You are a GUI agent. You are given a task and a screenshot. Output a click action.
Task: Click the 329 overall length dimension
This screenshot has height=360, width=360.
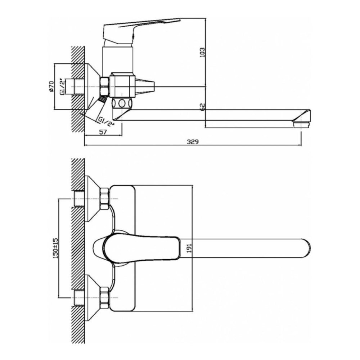[x=193, y=141]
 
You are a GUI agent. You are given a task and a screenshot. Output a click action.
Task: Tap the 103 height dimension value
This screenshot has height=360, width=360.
[x=202, y=52]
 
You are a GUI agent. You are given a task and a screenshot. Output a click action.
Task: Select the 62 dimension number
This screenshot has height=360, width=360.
[x=203, y=107]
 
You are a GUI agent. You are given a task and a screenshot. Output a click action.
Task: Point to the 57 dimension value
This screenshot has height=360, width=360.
[x=103, y=132]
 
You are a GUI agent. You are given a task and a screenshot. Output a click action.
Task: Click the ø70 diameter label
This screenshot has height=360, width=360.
[x=51, y=86]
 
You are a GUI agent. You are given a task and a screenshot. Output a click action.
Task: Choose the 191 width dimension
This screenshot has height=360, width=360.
[x=189, y=248]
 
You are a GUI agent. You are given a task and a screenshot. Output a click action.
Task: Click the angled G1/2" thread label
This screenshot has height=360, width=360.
[x=106, y=122]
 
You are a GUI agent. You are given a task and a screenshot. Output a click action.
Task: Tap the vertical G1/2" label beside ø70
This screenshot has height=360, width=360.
[x=62, y=86]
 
